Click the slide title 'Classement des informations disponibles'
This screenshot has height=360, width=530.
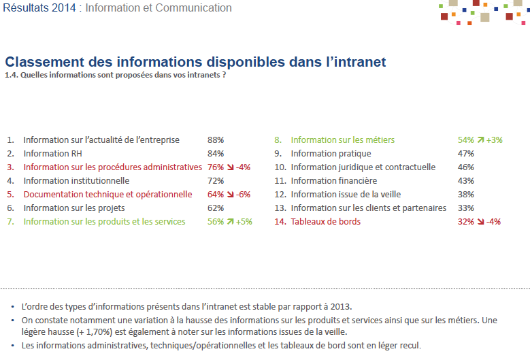coord(195,62)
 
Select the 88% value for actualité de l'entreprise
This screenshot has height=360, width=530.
coord(216,140)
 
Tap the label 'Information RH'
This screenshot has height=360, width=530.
coord(52,154)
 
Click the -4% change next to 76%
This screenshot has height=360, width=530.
coord(243,167)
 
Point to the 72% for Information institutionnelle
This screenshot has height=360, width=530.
coord(216,181)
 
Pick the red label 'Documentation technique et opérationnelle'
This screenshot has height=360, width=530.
coord(107,195)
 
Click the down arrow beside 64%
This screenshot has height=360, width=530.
coord(230,195)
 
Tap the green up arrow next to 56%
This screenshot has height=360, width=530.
coord(230,222)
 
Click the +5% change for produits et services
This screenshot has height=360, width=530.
coord(244,222)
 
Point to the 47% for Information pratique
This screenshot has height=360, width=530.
coord(466,154)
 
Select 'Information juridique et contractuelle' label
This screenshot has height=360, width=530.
coord(363,167)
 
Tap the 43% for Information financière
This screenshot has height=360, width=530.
coord(466,181)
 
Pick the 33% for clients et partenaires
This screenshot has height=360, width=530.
coord(466,208)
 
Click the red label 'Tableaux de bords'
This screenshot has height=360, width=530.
coord(325,222)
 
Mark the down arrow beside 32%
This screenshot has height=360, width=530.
coord(480,222)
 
